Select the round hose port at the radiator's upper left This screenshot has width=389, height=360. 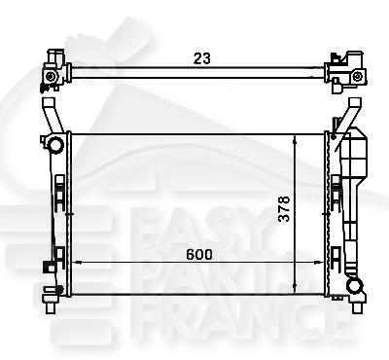(x=56, y=146)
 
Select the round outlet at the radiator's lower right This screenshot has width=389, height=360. (x=357, y=286)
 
